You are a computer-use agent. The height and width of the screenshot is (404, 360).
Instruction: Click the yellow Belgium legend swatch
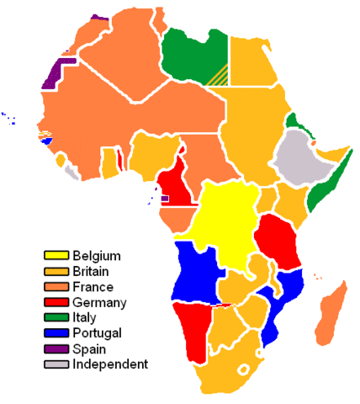(x=56, y=255)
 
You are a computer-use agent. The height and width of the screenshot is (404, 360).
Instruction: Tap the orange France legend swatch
(x=56, y=286)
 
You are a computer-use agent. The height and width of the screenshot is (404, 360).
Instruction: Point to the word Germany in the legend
(x=99, y=302)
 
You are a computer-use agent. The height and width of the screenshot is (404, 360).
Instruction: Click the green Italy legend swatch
(x=56, y=317)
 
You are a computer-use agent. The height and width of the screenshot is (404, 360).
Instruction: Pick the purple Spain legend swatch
(x=56, y=348)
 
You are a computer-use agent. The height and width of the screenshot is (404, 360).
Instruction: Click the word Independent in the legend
(x=110, y=364)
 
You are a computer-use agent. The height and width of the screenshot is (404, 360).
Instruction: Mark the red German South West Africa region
(x=193, y=333)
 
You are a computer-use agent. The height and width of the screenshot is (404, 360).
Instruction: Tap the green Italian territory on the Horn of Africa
(x=324, y=185)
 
